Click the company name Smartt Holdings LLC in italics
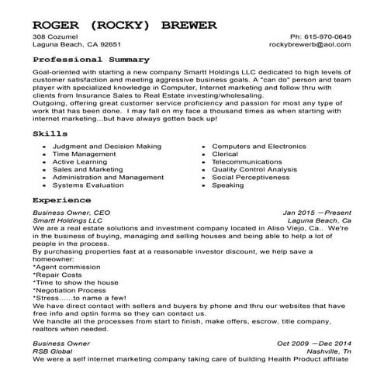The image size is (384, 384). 67,220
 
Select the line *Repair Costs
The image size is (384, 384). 57,275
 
